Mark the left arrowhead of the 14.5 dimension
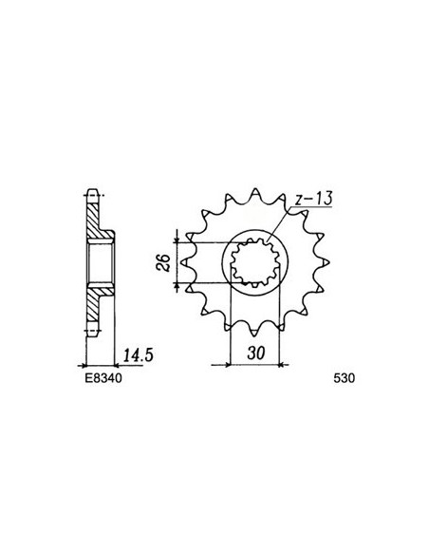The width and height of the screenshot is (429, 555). (x=87, y=363)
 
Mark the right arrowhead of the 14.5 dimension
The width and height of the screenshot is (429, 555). (x=115, y=363)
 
